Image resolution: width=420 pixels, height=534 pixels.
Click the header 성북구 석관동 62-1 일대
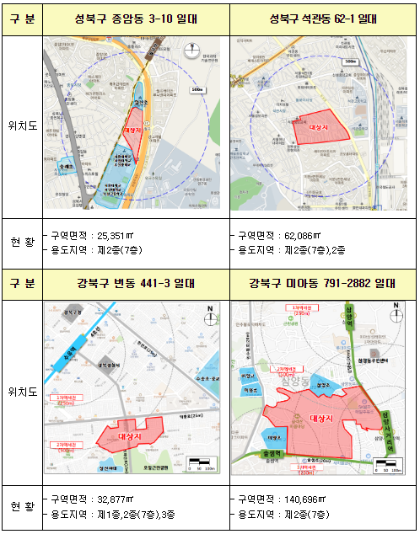coord(323,19)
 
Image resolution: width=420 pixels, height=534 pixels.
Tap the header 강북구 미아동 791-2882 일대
coord(323,283)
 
